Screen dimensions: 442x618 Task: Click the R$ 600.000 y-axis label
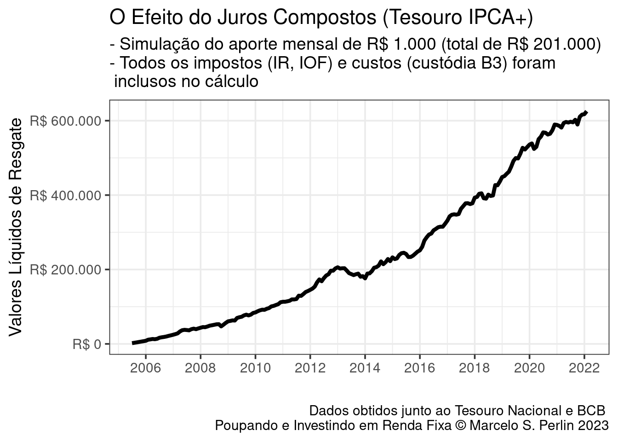pyautogui.click(x=65, y=121)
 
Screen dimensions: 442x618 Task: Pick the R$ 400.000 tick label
pyautogui.click(x=65, y=195)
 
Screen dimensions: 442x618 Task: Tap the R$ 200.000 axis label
pyautogui.click(x=65, y=270)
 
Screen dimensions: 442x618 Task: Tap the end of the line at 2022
pyautogui.click(x=586, y=112)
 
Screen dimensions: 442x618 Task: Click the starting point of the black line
pyautogui.click(x=133, y=343)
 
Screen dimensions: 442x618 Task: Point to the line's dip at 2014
pyautogui.click(x=365, y=278)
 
